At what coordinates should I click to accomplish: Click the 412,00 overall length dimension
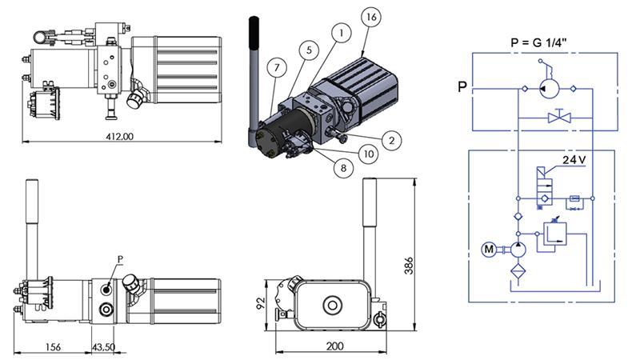click(122, 136)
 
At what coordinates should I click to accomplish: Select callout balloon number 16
click(369, 17)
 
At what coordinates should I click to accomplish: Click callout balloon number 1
click(342, 33)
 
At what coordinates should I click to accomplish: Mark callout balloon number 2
click(390, 141)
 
